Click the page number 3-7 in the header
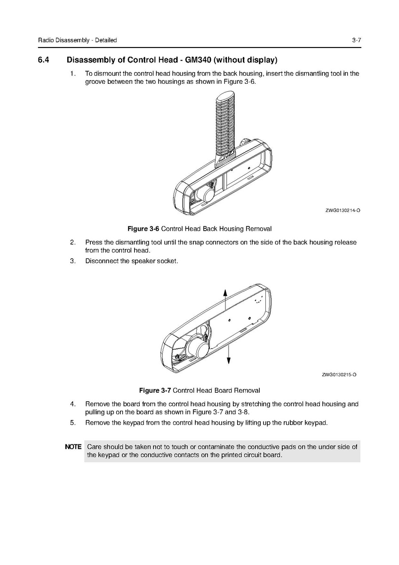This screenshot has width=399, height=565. [x=356, y=40]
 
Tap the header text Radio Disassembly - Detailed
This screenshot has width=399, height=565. [x=77, y=40]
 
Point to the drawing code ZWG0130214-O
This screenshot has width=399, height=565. [x=343, y=210]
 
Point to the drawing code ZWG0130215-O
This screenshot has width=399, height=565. [x=339, y=375]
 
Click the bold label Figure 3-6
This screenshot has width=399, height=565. [x=144, y=229]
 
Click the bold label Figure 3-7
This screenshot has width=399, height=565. [x=155, y=390]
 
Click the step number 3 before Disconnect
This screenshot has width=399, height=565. [x=72, y=261]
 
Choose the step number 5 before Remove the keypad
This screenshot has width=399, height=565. [x=72, y=422]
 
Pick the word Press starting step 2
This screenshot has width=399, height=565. [x=93, y=242]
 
